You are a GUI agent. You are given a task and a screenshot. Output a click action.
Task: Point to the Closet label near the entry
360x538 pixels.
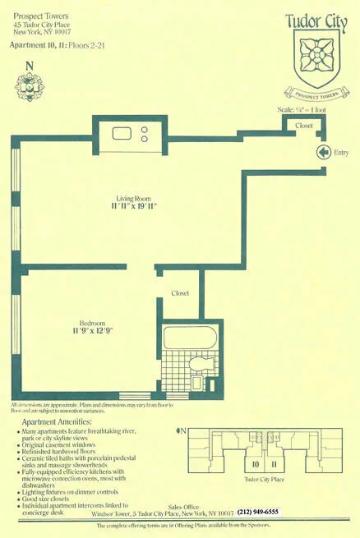pyautogui.click(x=304, y=126)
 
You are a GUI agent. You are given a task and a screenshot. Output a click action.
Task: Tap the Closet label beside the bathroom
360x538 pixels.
pyautogui.click(x=180, y=292)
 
